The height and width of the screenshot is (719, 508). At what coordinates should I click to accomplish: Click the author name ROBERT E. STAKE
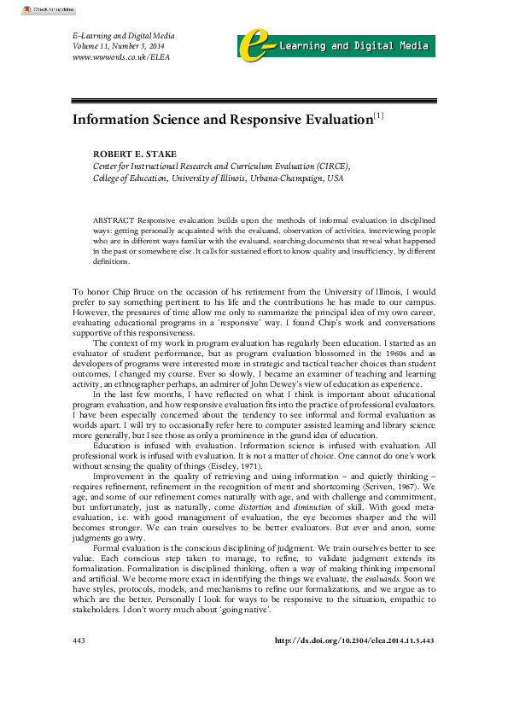click(135, 155)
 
